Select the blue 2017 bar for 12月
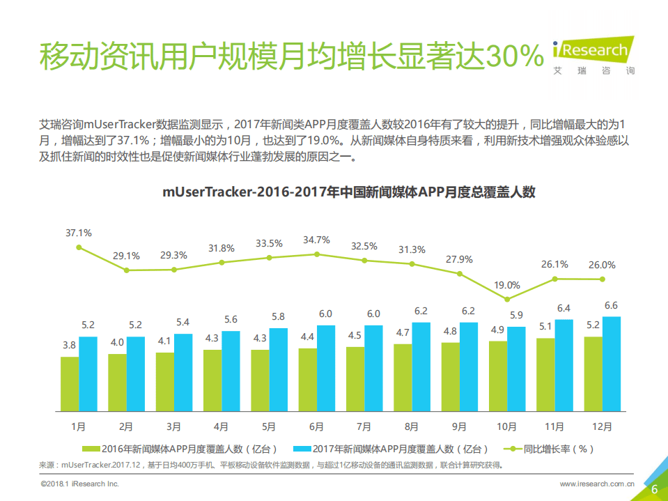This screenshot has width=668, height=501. [611, 363]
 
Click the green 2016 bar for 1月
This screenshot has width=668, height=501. [70, 383]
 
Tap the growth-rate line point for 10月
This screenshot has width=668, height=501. [507, 300]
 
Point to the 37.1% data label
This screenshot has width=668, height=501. [79, 233]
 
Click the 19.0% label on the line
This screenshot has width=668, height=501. [507, 285]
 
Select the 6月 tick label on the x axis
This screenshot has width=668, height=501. [316, 426]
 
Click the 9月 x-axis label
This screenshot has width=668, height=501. [459, 426]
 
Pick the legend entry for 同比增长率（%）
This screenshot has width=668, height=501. [550, 449]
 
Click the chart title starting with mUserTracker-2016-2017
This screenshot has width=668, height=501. [348, 193]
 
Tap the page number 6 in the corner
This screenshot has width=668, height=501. [654, 489]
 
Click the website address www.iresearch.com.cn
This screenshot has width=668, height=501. [597, 483]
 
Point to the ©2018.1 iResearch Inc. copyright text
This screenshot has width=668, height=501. [79, 483]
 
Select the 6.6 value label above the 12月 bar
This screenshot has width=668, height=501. [611, 305]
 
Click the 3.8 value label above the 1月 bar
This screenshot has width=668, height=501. [70, 345]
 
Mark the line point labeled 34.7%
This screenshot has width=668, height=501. [317, 254]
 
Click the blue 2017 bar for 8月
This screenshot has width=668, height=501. [421, 367]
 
